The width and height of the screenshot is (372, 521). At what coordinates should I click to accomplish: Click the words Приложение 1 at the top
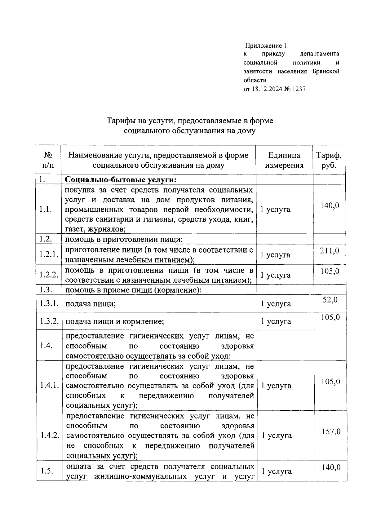click(266, 46)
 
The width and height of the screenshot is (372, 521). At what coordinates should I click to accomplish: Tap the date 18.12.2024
click(267, 89)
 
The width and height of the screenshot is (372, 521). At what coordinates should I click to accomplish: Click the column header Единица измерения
click(284, 160)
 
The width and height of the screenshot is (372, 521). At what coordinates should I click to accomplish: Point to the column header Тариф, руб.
click(329, 160)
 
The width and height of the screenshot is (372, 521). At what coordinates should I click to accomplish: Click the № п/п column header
click(48, 160)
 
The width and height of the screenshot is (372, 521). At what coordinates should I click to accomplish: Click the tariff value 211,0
click(330, 250)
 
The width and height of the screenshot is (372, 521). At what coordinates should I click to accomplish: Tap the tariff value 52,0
click(330, 300)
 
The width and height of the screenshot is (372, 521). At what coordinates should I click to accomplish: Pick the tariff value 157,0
click(331, 431)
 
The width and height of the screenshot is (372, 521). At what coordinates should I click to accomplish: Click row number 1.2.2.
click(49, 275)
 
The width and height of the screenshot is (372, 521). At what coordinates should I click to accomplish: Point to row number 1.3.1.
click(49, 303)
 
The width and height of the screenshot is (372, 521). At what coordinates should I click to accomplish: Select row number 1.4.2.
click(50, 435)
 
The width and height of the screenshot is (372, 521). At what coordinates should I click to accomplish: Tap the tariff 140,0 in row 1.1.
click(330, 205)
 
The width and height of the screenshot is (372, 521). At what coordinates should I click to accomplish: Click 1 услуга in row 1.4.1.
click(276, 386)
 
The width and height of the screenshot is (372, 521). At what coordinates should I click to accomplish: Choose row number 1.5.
click(47, 471)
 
